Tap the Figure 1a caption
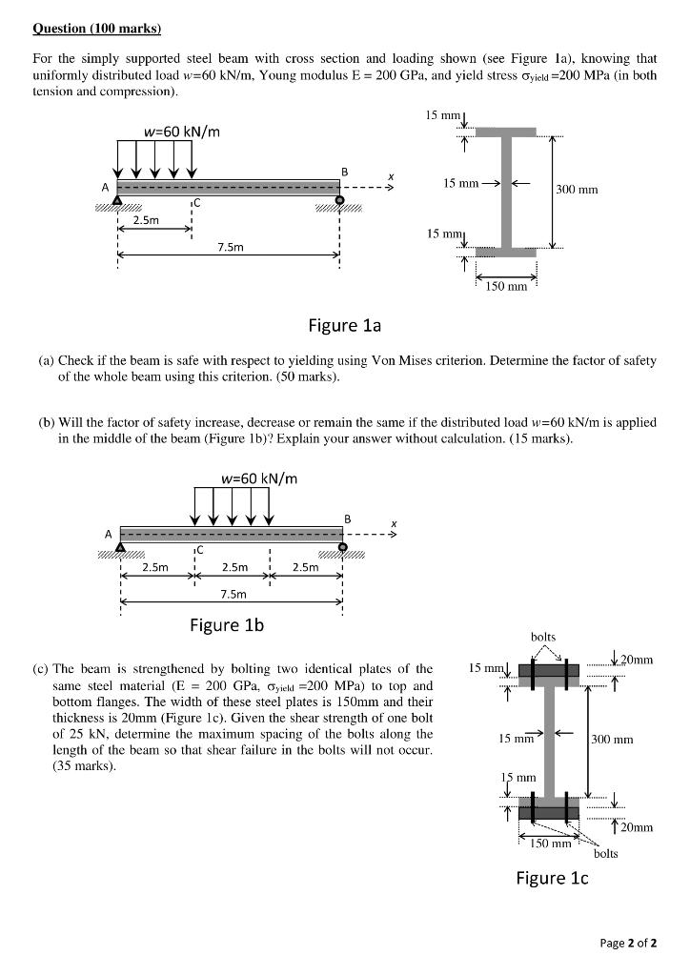[x=344, y=326]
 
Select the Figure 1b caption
[x=227, y=625]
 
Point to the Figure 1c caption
[x=552, y=878]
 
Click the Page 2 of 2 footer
[x=629, y=944]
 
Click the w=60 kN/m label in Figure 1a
[x=181, y=131]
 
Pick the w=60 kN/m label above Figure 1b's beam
[x=258, y=478]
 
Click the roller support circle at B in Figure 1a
[x=341, y=199]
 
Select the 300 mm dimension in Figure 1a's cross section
[x=577, y=190]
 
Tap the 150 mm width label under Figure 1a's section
[x=505, y=285]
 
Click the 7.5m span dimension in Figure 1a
[x=230, y=248]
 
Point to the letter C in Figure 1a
[x=196, y=204]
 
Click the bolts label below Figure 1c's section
[x=605, y=853]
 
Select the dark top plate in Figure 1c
[x=548, y=669]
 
